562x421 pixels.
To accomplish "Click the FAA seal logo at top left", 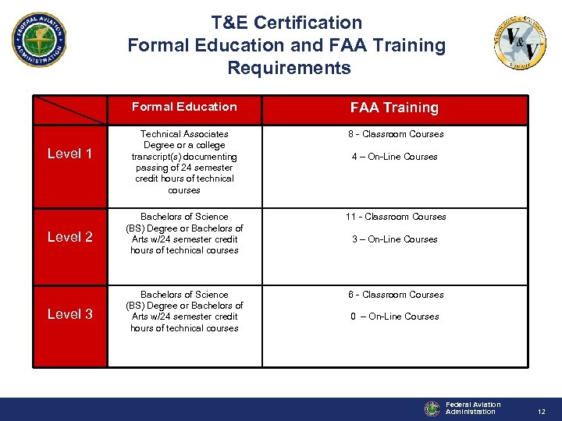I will pyautogui.click(x=39, y=39).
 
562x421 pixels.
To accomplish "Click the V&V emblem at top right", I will pyautogui.click(x=520, y=42).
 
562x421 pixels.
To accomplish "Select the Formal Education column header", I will pyautogui.click(x=184, y=107).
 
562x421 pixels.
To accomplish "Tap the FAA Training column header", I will pyautogui.click(x=394, y=108).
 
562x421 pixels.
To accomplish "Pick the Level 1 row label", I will pyautogui.click(x=69, y=154).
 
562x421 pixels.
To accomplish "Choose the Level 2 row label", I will pyautogui.click(x=69, y=236).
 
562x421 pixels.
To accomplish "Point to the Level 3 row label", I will pyautogui.click(x=69, y=314).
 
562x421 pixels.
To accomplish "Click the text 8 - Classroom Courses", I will pyautogui.click(x=394, y=134).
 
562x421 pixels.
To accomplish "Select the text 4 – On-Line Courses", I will pyautogui.click(x=394, y=157).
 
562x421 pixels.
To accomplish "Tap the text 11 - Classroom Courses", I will pyautogui.click(x=394, y=217).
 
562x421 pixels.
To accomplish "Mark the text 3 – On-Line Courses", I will pyautogui.click(x=394, y=239).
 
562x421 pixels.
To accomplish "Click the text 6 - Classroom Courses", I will pyautogui.click(x=394, y=295).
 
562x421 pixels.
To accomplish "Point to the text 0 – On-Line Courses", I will pyautogui.click(x=394, y=317).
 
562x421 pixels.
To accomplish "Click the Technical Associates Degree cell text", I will pyautogui.click(x=184, y=162).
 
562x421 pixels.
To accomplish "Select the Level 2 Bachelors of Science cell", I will pyautogui.click(x=184, y=233).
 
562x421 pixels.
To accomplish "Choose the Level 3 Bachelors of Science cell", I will pyautogui.click(x=184, y=311).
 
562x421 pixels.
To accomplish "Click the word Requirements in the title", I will pyautogui.click(x=289, y=68).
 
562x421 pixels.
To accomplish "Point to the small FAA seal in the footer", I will pyautogui.click(x=432, y=409).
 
